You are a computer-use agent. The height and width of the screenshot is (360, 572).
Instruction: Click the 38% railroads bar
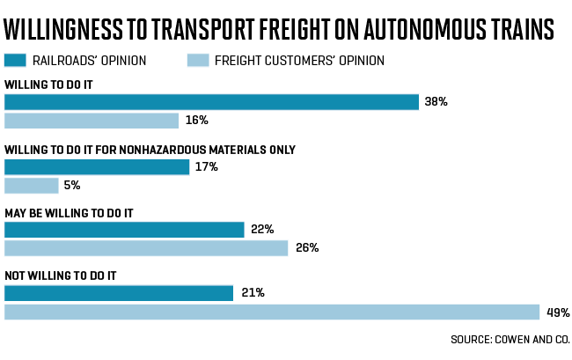pyautogui.click(x=211, y=102)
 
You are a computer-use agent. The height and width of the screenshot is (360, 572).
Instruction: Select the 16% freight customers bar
pyautogui.click(x=92, y=121)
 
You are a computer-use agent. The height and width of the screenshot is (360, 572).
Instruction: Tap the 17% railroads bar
pyautogui.click(x=97, y=166)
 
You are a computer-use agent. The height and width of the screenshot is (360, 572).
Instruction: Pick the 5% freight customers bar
pyautogui.click(x=32, y=185)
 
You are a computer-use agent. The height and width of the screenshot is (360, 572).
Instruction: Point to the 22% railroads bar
pyautogui.click(x=124, y=230)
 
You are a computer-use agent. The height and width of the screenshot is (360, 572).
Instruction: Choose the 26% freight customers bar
pyautogui.click(x=146, y=248)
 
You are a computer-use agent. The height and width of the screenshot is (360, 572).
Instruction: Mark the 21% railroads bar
pyautogui.click(x=119, y=293)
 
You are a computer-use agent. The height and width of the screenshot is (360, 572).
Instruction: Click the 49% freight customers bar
pyautogui.click(x=272, y=312)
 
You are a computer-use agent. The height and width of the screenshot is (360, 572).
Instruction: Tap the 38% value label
pyautogui.click(x=436, y=102)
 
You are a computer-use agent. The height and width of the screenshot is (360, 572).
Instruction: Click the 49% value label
pyautogui.click(x=558, y=312)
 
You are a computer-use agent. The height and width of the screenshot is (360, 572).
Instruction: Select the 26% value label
pyautogui.click(x=307, y=248)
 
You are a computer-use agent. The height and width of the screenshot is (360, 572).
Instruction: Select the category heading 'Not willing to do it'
pyautogui.click(x=61, y=276)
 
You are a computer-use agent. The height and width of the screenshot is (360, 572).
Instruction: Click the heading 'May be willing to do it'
pyautogui.click(x=69, y=212)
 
